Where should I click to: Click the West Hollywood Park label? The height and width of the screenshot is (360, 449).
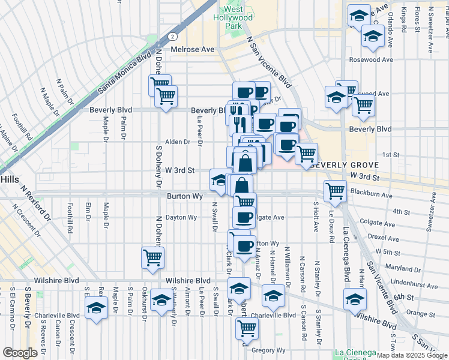(x=234, y=19)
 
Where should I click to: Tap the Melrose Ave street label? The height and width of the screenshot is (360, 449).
(x=193, y=49)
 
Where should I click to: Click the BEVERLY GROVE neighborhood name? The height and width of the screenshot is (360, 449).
(x=345, y=165)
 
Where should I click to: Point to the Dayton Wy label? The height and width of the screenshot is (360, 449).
(x=181, y=217)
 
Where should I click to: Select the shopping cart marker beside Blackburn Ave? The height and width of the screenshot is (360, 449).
(x=335, y=191)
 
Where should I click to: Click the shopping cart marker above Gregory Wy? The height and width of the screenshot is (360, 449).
(x=247, y=328)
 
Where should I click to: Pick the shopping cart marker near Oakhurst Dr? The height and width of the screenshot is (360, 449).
(x=152, y=257)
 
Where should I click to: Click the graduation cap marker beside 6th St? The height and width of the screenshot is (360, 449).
(x=355, y=298)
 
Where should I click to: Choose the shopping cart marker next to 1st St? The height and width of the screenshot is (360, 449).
(x=307, y=155)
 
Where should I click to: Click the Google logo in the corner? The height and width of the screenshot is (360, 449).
(x=20, y=353)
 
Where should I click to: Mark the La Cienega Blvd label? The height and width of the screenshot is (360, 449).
(x=346, y=254)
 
